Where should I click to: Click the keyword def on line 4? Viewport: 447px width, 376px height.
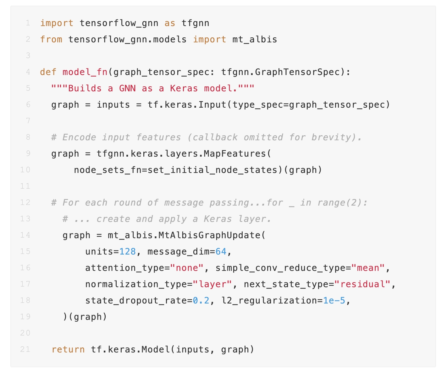pos(48,72)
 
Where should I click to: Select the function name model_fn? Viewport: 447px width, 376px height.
pos(85,72)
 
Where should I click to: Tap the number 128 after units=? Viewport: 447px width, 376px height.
pos(127,251)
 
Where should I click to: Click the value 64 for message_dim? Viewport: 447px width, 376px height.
pos(221,251)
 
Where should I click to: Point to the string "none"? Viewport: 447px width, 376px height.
pos(186,268)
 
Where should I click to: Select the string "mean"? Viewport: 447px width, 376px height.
pos(368,268)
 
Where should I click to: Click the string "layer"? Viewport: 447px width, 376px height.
pos(212,284)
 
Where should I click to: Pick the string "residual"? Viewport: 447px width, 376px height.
pos(362,284)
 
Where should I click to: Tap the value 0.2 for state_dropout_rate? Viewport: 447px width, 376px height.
pos(201,300)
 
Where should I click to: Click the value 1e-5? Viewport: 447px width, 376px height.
pos(334,300)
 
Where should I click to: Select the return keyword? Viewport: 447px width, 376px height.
pos(68,350)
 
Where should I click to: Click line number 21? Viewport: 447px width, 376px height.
pos(25,349)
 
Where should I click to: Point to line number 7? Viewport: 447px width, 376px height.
pos(28,121)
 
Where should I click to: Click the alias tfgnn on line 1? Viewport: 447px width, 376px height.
pos(195,23)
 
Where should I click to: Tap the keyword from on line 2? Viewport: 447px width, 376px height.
pos(51,39)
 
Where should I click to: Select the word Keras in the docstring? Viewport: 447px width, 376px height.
pos(184,88)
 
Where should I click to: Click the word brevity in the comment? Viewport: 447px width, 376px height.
pos(334,137)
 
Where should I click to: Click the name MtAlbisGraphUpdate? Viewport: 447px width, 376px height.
pos(209,235)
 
